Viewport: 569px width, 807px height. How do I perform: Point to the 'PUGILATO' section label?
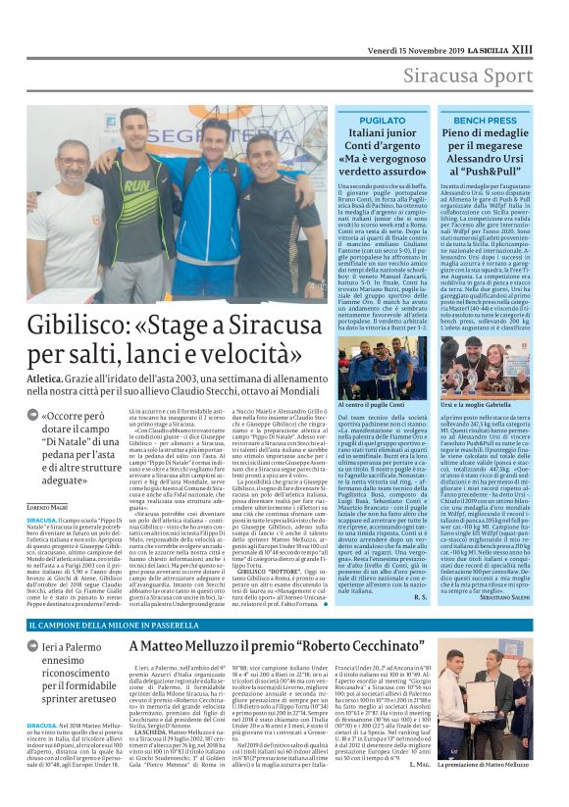pyautogui.click(x=382, y=120)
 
